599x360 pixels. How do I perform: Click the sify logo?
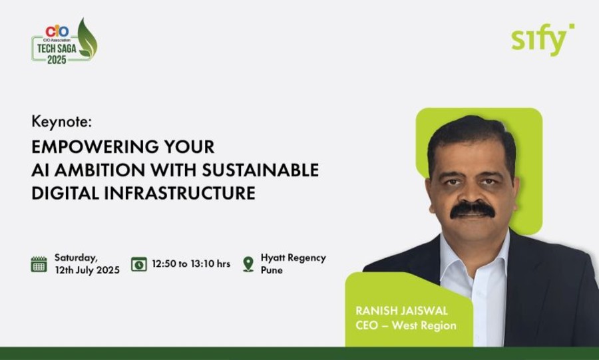(x=542, y=39)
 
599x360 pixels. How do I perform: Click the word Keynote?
(x=61, y=122)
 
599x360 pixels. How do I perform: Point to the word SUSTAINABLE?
(x=260, y=170)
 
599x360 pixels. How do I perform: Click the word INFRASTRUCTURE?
(x=180, y=193)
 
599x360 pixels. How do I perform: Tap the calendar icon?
(x=39, y=264)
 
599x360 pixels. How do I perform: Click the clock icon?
(x=139, y=264)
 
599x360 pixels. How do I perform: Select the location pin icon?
(x=248, y=264)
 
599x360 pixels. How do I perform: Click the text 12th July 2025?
(x=87, y=270)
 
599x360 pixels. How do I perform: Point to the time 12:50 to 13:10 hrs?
(x=191, y=264)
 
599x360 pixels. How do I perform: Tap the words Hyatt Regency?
(x=294, y=258)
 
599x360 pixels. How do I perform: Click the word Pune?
(x=272, y=270)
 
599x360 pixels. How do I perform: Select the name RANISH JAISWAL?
(x=401, y=310)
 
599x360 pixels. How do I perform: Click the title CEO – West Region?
(x=406, y=325)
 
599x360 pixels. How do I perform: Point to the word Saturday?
(x=76, y=258)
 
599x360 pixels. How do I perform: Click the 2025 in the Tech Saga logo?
(x=57, y=59)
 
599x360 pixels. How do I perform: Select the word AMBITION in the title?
(x=100, y=170)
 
